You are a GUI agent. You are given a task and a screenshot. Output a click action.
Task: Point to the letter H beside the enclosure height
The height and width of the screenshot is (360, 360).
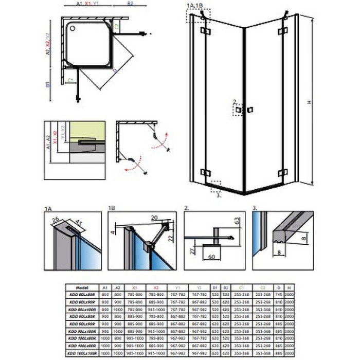tap(309, 102)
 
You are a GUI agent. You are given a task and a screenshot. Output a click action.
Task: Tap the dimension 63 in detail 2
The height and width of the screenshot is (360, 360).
tap(237, 222)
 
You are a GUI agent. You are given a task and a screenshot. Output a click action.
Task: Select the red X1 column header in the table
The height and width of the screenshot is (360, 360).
tap(134, 289)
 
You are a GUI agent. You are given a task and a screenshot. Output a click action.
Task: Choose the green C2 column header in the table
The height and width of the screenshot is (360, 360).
tap(262, 289)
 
